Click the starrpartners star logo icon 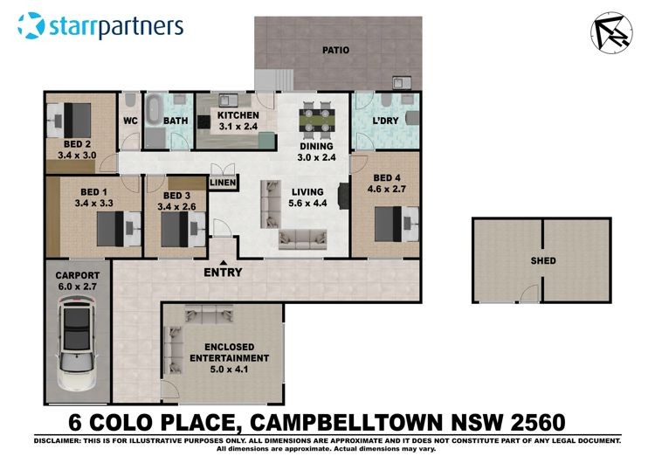click(x=31, y=25)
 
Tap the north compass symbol click(x=611, y=32)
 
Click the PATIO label click(x=335, y=50)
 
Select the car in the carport click(x=77, y=343)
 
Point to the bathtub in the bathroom click(x=154, y=110)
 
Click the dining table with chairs click(x=317, y=121)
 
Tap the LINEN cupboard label click(x=223, y=183)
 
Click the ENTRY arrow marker click(x=224, y=262)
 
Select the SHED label click(x=543, y=260)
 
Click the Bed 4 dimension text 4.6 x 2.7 click(x=386, y=189)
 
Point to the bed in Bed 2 click(x=68, y=121)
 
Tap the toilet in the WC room click(x=130, y=100)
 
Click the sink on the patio click(x=402, y=82)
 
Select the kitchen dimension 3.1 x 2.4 click(x=238, y=126)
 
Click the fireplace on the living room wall click(x=343, y=196)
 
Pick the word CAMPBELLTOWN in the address click(x=346, y=422)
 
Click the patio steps click(x=274, y=79)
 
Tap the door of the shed click(x=529, y=293)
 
